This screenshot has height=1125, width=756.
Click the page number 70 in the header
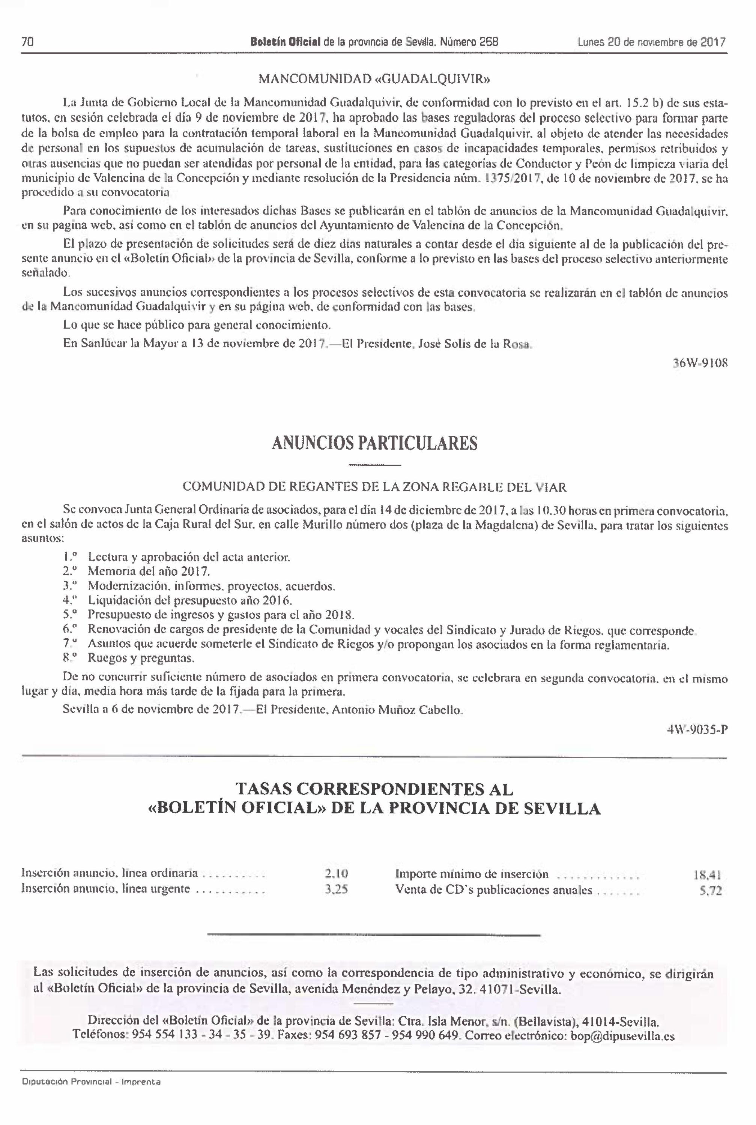coord(27,42)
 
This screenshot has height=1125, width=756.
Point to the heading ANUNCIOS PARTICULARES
coord(375,443)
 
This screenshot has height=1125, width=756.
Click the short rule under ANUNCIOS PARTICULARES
coord(374,465)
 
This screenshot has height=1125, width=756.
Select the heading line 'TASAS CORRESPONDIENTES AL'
coord(374,789)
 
